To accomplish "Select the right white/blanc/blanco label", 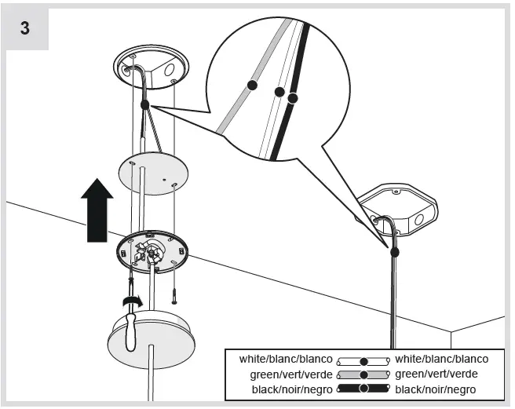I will [x=441, y=359].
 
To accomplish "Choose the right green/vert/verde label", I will [x=436, y=374].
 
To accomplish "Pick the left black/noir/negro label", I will [x=291, y=389].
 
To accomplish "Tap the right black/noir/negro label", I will [x=436, y=389].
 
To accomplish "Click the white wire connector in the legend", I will [x=363, y=360].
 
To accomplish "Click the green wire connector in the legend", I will [x=363, y=374].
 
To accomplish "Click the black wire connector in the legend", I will [x=363, y=389].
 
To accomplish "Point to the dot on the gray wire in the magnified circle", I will [x=252, y=83].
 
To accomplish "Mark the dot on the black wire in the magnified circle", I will [x=293, y=98].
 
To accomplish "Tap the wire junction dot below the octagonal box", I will [x=394, y=252].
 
